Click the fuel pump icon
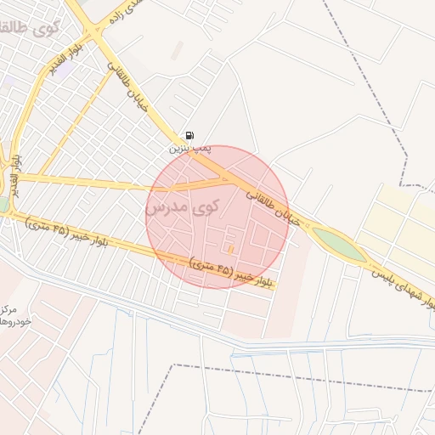(188, 135)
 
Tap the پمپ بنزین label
(188, 148)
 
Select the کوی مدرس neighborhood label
(182, 208)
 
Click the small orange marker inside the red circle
(230, 248)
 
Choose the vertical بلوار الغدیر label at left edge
(15, 169)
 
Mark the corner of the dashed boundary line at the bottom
(174, 366)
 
